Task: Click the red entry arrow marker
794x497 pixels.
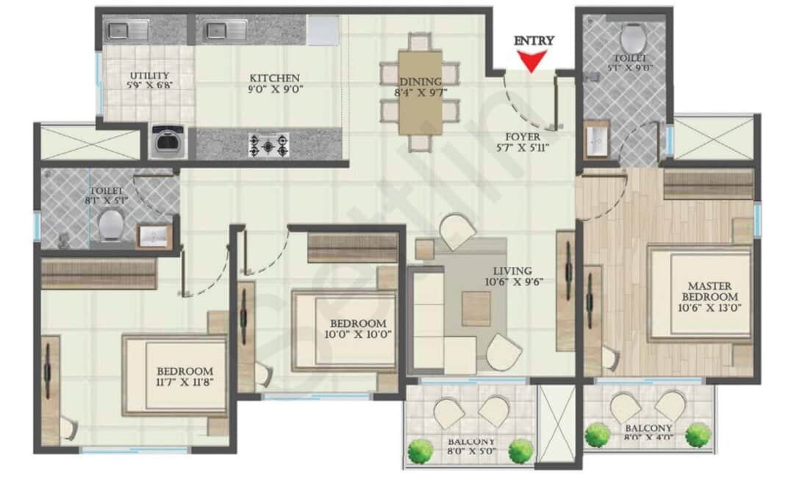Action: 534,61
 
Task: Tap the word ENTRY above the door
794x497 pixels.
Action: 534,41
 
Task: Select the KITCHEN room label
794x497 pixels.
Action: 275,78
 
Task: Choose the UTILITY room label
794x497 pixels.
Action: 149,76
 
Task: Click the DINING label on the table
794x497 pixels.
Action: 421,82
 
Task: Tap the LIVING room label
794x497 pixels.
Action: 512,271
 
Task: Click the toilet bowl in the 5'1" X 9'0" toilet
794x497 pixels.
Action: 632,37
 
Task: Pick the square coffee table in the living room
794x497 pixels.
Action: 476,308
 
